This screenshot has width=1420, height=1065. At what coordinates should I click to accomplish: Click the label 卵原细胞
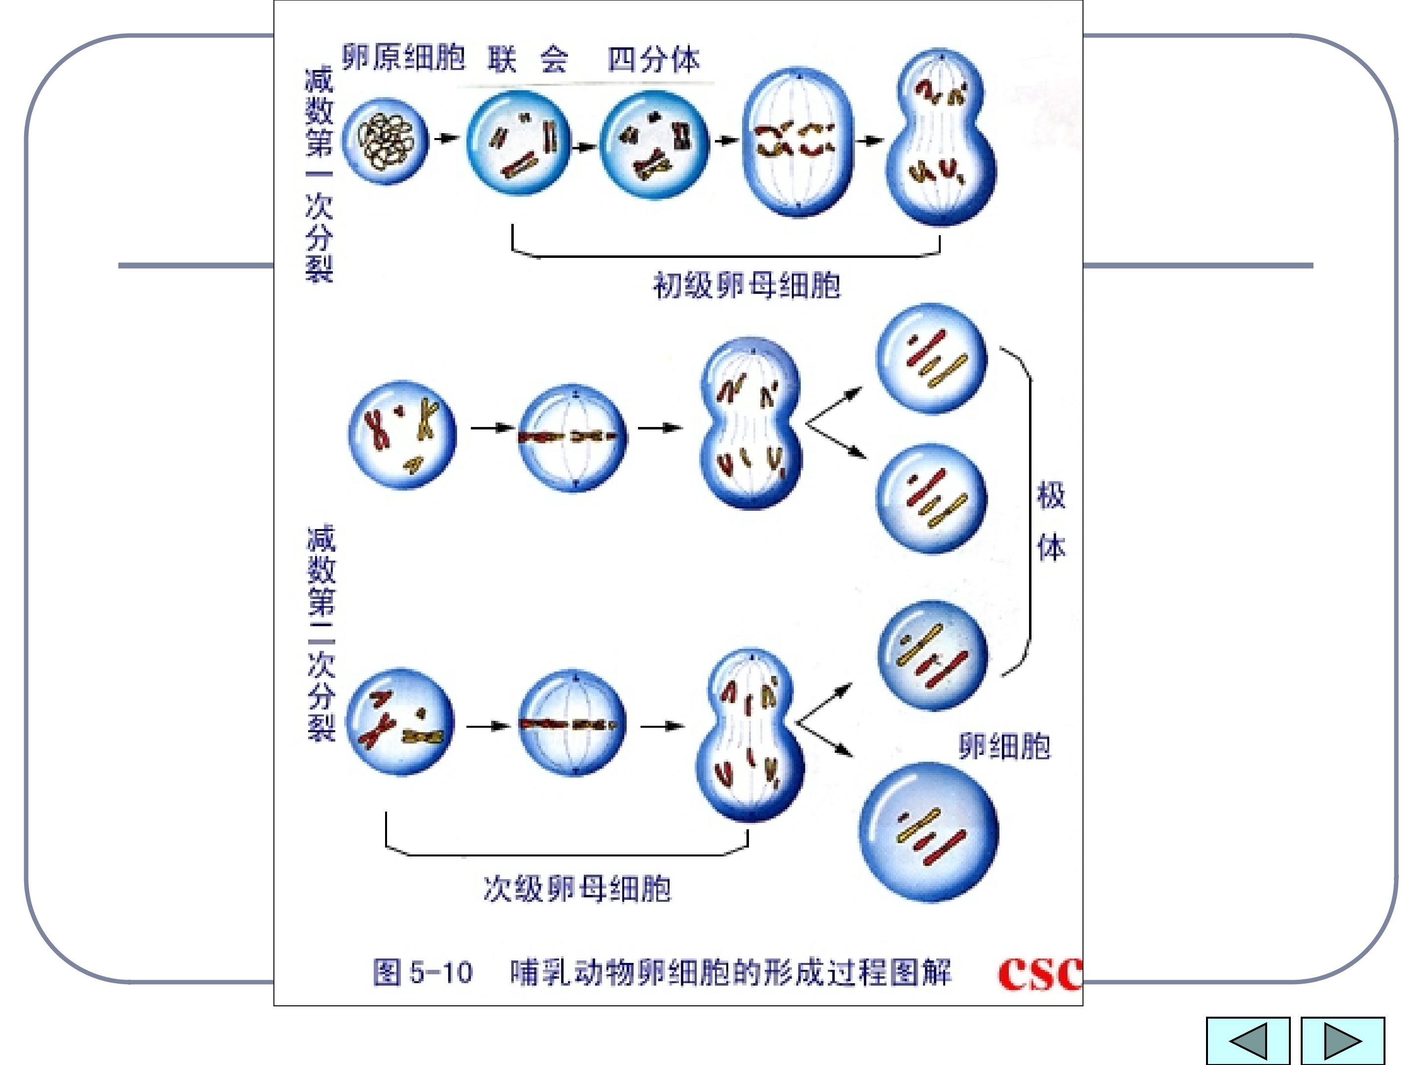tap(403, 58)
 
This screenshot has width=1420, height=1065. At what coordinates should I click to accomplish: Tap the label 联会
tap(528, 60)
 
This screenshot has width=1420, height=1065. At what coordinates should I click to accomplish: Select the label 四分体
tap(653, 60)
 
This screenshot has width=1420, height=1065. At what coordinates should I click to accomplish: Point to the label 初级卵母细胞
tap(746, 285)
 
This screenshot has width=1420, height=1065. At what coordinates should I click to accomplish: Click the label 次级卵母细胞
tap(576, 889)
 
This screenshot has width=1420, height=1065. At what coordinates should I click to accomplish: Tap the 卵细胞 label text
tap(1005, 746)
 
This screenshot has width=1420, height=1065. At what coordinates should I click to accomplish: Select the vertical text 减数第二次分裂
tap(321, 632)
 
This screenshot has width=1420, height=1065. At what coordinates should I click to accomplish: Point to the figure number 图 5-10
tap(423, 973)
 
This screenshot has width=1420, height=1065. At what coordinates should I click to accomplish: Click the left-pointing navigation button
tap(1247, 1041)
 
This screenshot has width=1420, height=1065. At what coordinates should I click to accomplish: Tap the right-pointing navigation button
tap(1342, 1041)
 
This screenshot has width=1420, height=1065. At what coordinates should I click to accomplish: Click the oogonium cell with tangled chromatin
tap(385, 141)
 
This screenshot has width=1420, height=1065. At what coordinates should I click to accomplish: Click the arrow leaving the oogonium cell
tap(447, 138)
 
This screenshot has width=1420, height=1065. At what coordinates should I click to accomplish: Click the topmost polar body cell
tap(931, 358)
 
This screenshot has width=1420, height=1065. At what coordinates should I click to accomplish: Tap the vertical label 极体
tap(1051, 521)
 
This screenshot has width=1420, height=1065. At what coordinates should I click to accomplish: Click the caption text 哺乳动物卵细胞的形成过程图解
tap(731, 973)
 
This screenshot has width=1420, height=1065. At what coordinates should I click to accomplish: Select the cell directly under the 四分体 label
tap(654, 144)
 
